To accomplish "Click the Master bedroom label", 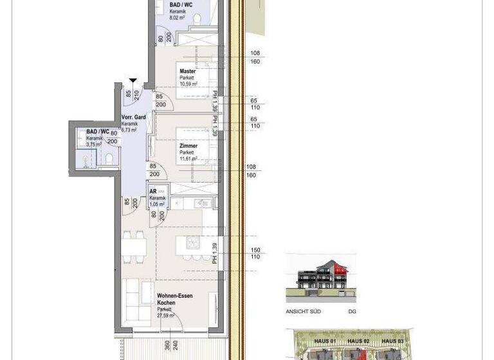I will [188, 71].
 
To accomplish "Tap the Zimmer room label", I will [188, 146].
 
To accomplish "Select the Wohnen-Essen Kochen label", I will [174, 298].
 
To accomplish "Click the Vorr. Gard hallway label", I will [133, 118].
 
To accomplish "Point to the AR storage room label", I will [153, 192].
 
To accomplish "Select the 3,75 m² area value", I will [94, 145].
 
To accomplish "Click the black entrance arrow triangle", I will [133, 81].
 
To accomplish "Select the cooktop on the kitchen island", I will [193, 242].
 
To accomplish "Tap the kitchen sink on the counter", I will [205, 203].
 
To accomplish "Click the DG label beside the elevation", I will [351, 312].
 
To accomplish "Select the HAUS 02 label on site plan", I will [358, 341].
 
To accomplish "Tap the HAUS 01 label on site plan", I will [325, 341].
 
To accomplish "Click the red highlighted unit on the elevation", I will [338, 274].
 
